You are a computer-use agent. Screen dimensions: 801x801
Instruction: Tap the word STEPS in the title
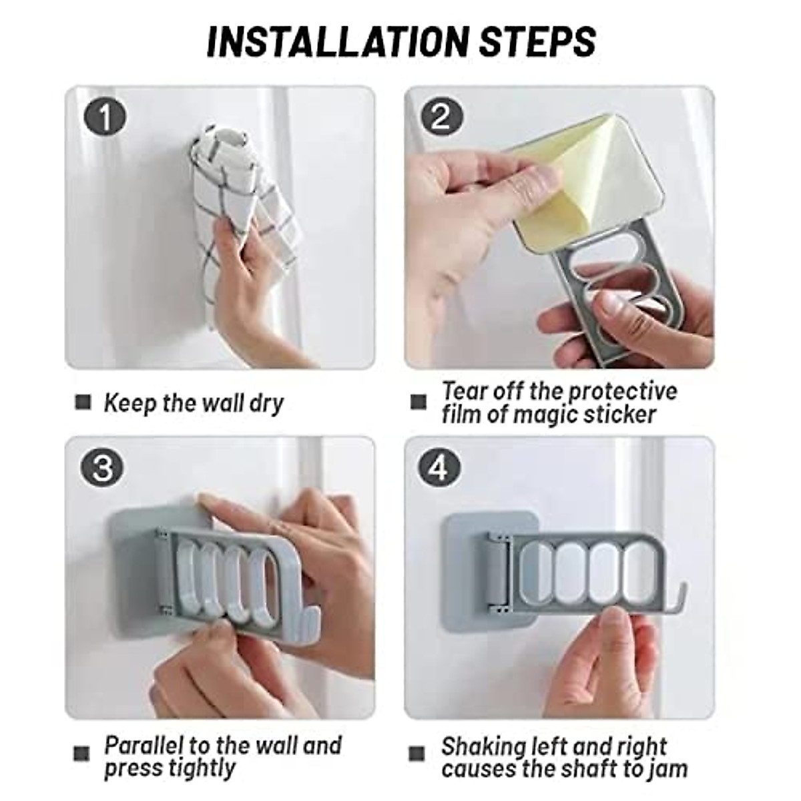click(x=538, y=41)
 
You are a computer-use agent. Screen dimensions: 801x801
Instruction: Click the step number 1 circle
click(x=104, y=117)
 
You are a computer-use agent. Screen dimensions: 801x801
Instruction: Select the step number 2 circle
click(x=441, y=118)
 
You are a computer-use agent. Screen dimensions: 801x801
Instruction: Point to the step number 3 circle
click(x=102, y=468)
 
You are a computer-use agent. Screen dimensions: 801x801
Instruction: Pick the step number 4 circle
click(x=439, y=468)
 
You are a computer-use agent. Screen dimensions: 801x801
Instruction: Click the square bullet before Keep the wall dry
click(x=83, y=402)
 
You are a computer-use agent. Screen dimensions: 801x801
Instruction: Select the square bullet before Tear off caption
click(x=418, y=402)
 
